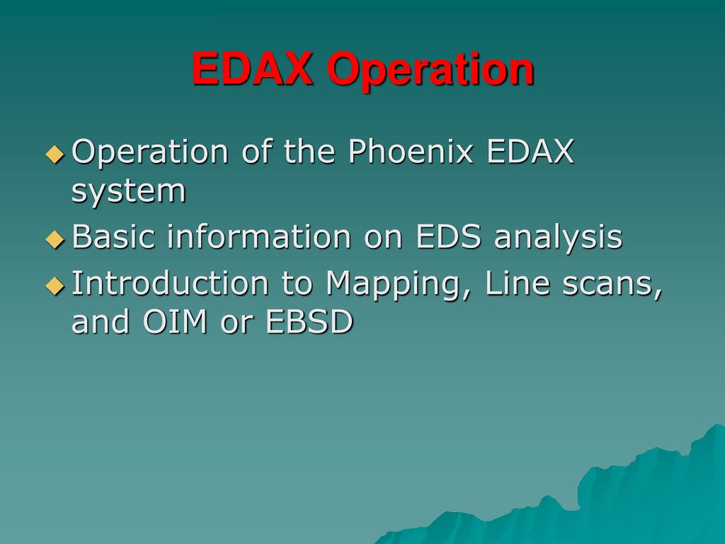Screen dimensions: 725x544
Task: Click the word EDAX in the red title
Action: tap(253, 69)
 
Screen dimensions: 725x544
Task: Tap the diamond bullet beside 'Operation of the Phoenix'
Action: tap(55, 154)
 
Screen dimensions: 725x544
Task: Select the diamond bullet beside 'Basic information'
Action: tap(55, 239)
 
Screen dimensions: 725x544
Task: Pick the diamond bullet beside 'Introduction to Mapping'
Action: tap(55, 285)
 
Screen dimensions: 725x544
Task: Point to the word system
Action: tap(129, 192)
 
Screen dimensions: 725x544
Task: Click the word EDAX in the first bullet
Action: tap(530, 151)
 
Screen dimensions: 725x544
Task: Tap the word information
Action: tap(259, 236)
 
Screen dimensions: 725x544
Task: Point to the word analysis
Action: tap(558, 238)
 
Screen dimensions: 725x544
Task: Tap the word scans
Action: tap(612, 285)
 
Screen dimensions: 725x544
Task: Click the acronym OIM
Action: tap(175, 321)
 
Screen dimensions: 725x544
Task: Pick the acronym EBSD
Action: tap(310, 321)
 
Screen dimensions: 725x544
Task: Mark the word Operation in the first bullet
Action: tap(150, 153)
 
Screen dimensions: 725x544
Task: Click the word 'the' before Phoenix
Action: tap(309, 151)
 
